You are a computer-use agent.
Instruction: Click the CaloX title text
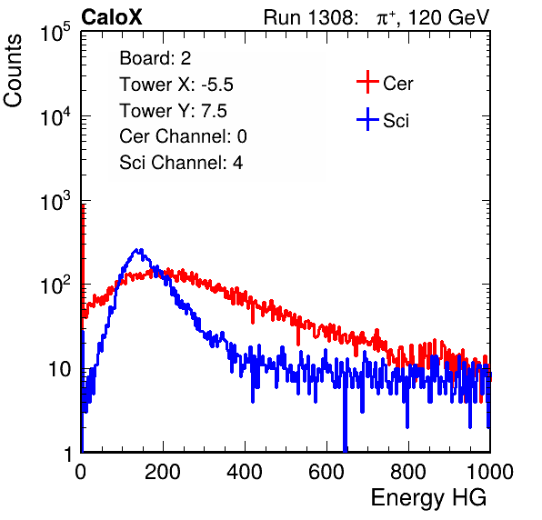(x=112, y=17)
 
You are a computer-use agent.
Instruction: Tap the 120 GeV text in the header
(x=448, y=17)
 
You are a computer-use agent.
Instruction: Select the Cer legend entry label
(x=397, y=84)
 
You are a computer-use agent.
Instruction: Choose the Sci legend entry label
(x=396, y=121)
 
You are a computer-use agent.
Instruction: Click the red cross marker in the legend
(x=367, y=82)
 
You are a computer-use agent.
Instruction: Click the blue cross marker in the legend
(x=367, y=119)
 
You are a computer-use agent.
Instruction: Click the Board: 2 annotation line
(x=155, y=58)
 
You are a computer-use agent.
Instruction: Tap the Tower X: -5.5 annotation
(x=176, y=85)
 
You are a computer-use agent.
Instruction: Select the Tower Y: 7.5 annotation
(x=173, y=111)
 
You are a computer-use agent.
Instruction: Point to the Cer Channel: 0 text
(x=183, y=136)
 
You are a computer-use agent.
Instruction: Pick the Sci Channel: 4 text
(x=181, y=162)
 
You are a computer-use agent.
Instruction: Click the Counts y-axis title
(x=13, y=71)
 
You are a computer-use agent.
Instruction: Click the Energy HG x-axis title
(x=428, y=498)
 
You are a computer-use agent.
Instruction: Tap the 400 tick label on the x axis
(x=245, y=472)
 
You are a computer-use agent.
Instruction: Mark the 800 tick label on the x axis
(x=408, y=472)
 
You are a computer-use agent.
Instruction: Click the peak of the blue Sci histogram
(x=138, y=250)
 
